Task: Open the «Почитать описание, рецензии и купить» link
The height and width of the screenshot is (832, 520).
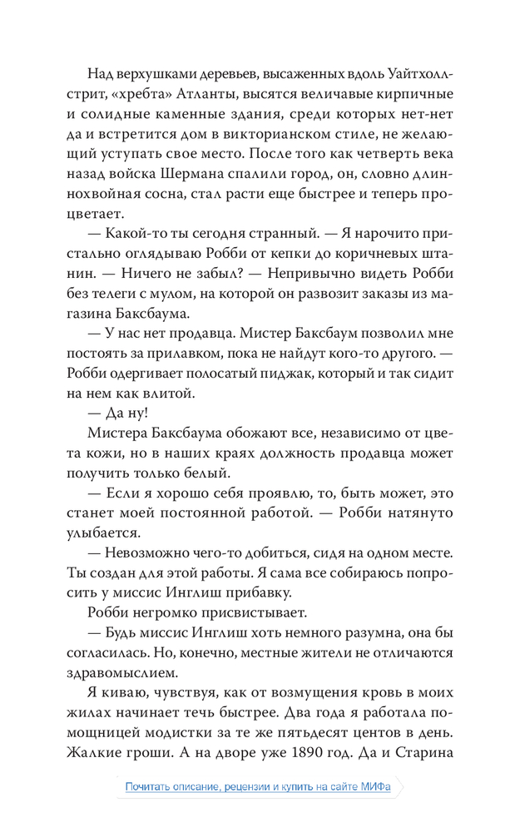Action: (258, 786)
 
